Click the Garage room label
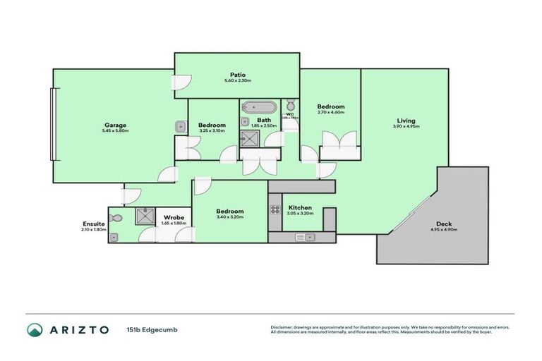(116, 126)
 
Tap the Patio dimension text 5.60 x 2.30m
(238, 81)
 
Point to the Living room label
(406, 121)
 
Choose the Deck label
(443, 224)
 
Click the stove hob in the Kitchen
(275, 209)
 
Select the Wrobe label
(174, 217)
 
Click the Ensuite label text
(93, 224)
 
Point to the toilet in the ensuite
(117, 219)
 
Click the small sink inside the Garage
(181, 127)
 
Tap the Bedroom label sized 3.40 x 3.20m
(230, 211)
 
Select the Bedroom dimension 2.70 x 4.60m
(330, 112)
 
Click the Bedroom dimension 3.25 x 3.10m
(212, 130)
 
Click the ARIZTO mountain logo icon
(35, 329)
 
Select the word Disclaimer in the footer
(282, 327)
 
